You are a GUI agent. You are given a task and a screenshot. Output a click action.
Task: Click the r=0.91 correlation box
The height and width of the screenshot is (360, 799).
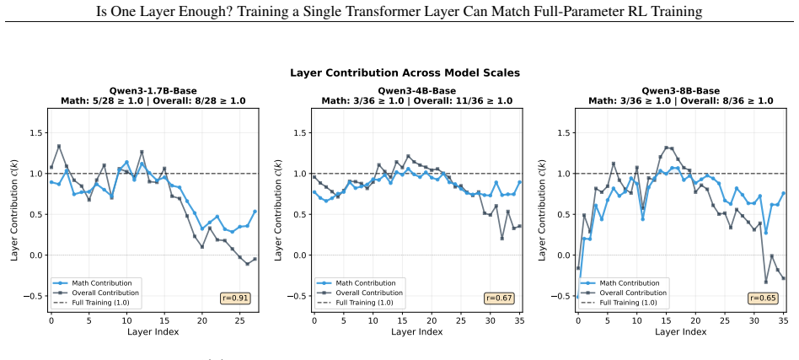coord(236,298)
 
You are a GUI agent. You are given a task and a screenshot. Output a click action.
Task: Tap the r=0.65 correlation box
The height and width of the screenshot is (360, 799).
coord(763,298)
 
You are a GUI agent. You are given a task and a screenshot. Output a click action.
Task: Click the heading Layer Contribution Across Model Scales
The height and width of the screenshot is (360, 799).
coord(405,73)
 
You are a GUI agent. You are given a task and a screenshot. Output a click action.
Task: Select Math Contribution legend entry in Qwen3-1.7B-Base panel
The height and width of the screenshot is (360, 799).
coord(94,283)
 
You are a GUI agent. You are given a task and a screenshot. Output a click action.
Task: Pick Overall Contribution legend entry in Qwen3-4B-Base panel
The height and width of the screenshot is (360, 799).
coord(359,293)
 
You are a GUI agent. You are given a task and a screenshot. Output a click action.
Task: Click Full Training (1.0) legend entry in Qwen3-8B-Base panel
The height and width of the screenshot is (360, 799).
coord(618,303)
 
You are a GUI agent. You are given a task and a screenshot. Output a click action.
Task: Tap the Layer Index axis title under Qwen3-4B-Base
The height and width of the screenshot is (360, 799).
coord(417,332)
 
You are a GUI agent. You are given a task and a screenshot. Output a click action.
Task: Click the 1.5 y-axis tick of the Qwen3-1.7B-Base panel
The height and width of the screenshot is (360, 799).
coord(38,132)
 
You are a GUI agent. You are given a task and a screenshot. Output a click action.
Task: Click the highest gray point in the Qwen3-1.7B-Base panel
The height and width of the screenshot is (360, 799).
coord(59,147)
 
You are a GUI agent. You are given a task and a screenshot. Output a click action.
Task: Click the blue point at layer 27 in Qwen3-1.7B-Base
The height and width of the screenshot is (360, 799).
coord(255,211)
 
